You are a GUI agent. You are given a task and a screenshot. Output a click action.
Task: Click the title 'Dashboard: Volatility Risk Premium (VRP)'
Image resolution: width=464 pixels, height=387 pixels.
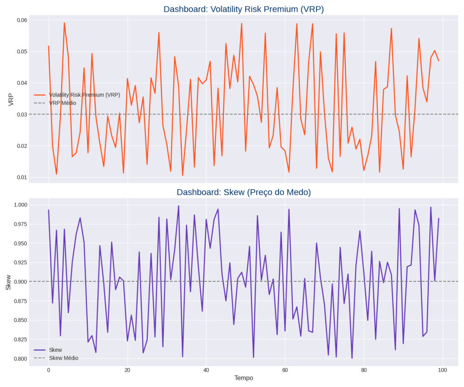[x=243, y=9]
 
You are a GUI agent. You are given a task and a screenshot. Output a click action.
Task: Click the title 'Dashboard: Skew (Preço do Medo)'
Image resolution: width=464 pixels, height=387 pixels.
[x=243, y=192]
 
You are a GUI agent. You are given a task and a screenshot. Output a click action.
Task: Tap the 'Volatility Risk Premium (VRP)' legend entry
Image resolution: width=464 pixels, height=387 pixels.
[x=84, y=95]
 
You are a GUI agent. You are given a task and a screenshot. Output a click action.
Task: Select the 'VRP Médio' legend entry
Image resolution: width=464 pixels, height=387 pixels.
[x=63, y=103]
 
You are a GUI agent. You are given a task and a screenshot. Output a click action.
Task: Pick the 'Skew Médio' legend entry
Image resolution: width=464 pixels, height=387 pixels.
[x=63, y=358]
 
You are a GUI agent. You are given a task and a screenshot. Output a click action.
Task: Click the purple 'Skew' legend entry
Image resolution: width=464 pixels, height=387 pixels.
[x=55, y=350]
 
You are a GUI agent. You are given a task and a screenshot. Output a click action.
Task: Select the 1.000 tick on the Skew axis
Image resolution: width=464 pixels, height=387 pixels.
[x=19, y=205]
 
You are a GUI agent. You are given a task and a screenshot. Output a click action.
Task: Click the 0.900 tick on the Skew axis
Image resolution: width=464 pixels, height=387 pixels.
[x=19, y=282]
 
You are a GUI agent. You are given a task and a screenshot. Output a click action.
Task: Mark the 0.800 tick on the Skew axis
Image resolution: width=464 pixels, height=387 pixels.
[x=19, y=359]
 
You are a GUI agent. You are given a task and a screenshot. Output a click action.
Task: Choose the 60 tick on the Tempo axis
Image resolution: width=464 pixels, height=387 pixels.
[x=285, y=370]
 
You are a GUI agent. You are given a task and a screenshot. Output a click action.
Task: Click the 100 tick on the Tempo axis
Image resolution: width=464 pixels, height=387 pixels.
[x=443, y=370]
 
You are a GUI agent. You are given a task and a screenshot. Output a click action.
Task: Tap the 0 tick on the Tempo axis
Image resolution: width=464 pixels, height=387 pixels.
[x=48, y=370]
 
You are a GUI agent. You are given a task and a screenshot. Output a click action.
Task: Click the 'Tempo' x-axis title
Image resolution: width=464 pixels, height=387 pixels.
[x=243, y=378]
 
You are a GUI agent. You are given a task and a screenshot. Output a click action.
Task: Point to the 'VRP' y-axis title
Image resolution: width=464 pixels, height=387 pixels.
[x=11, y=99]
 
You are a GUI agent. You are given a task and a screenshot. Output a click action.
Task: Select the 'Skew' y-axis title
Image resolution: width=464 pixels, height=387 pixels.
[x=8, y=282]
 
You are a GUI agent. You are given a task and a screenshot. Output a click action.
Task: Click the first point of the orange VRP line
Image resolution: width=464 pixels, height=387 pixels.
[x=48, y=46]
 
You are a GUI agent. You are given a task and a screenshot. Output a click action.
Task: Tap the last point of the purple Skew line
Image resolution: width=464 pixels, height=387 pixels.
[x=439, y=219]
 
